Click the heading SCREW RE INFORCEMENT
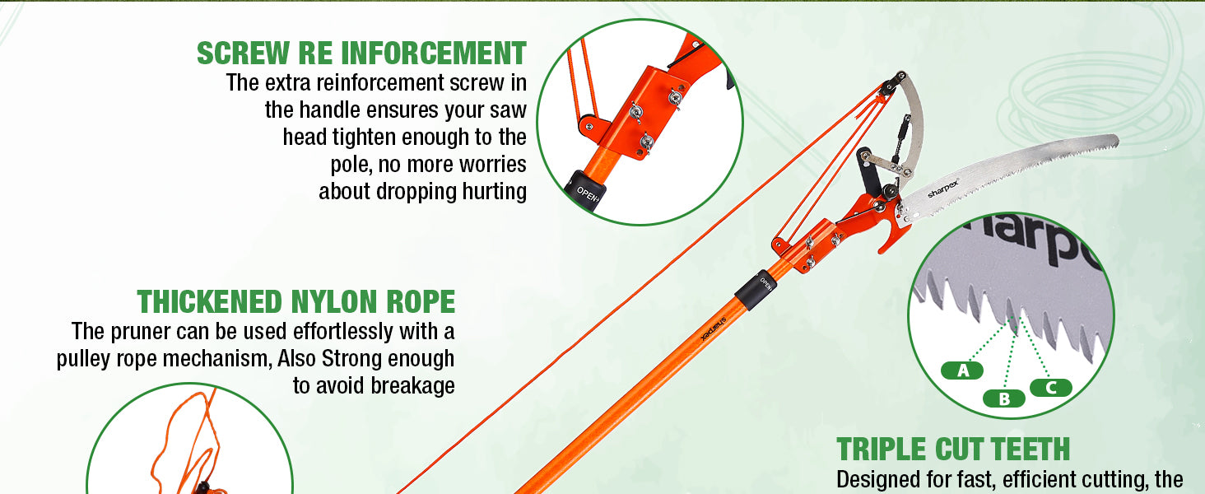tap(361, 54)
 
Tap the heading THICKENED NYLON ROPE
tap(296, 301)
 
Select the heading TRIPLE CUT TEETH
tap(953, 450)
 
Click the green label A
tap(962, 370)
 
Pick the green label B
tap(1004, 398)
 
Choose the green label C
tap(1051, 388)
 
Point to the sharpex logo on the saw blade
tap(943, 189)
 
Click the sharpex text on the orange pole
tap(714, 328)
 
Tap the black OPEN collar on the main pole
tap(756, 290)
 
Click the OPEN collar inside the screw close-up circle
tap(586, 189)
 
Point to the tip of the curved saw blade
tap(1118, 141)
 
